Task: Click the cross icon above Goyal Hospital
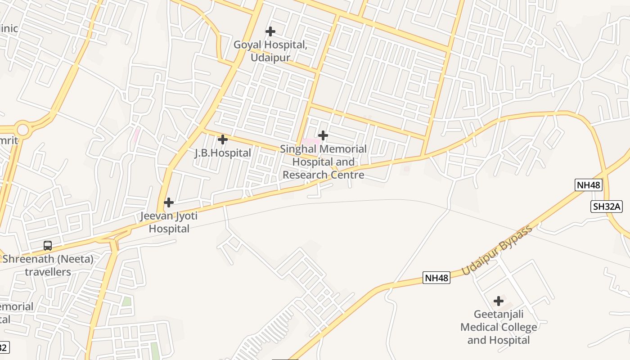(270, 31)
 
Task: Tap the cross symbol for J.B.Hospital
(222, 139)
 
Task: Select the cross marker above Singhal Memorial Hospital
(323, 135)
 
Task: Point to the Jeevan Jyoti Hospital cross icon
(169, 202)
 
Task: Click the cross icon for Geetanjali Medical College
(498, 301)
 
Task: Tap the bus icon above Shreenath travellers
(48, 246)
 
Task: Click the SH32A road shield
(606, 207)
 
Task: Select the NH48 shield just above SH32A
(588, 185)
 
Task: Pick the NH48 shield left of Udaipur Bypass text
(436, 278)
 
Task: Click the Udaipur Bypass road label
(497, 251)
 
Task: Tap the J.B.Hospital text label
(223, 153)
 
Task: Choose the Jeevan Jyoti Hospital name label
(169, 222)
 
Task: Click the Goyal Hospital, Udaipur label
(270, 51)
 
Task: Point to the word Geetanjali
(499, 314)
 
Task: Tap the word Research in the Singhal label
(304, 175)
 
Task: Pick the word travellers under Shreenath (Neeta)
(48, 272)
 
